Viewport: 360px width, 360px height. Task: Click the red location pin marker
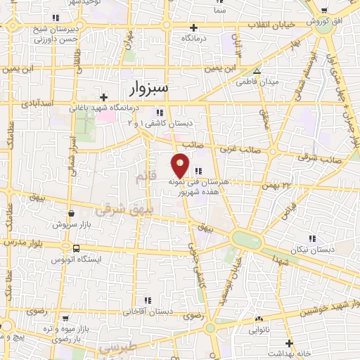(181, 165)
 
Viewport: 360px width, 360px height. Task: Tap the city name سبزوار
(148, 89)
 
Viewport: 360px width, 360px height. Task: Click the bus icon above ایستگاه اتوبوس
(76, 248)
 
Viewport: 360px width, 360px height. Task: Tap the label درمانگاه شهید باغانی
(105, 109)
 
